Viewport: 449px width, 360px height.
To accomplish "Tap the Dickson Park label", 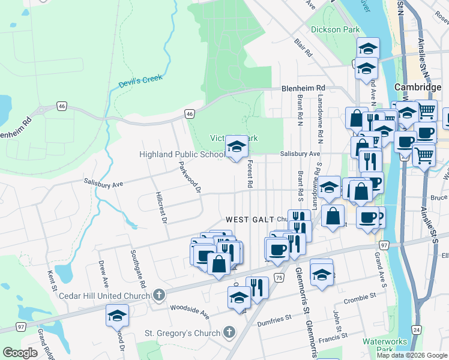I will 335,29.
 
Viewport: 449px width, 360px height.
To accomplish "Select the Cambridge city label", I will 418,87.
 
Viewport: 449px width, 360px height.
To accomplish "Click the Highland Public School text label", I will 182,154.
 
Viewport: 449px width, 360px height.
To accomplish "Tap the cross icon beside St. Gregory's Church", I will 228,332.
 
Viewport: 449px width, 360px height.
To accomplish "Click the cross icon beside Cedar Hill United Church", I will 158,295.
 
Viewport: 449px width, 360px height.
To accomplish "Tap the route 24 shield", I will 415,329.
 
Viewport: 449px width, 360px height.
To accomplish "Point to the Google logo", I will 20,353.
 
